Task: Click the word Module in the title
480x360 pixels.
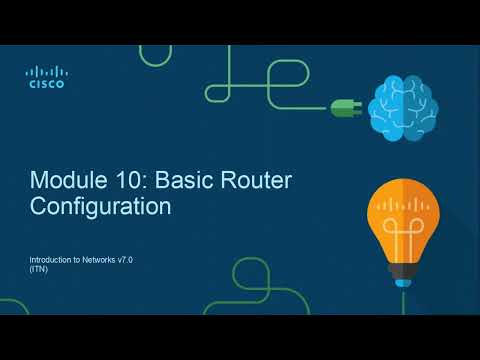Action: click(x=62, y=183)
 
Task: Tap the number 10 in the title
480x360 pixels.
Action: click(x=113, y=183)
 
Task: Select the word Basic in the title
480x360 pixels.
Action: click(x=164, y=183)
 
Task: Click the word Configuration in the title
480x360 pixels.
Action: click(x=100, y=208)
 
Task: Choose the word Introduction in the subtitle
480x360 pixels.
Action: click(x=51, y=260)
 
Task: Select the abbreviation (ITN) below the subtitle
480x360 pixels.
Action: click(x=39, y=270)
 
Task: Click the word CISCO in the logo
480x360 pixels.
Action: click(x=46, y=85)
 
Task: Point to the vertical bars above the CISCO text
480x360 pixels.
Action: click(x=46, y=72)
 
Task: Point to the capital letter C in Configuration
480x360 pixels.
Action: click(x=39, y=208)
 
